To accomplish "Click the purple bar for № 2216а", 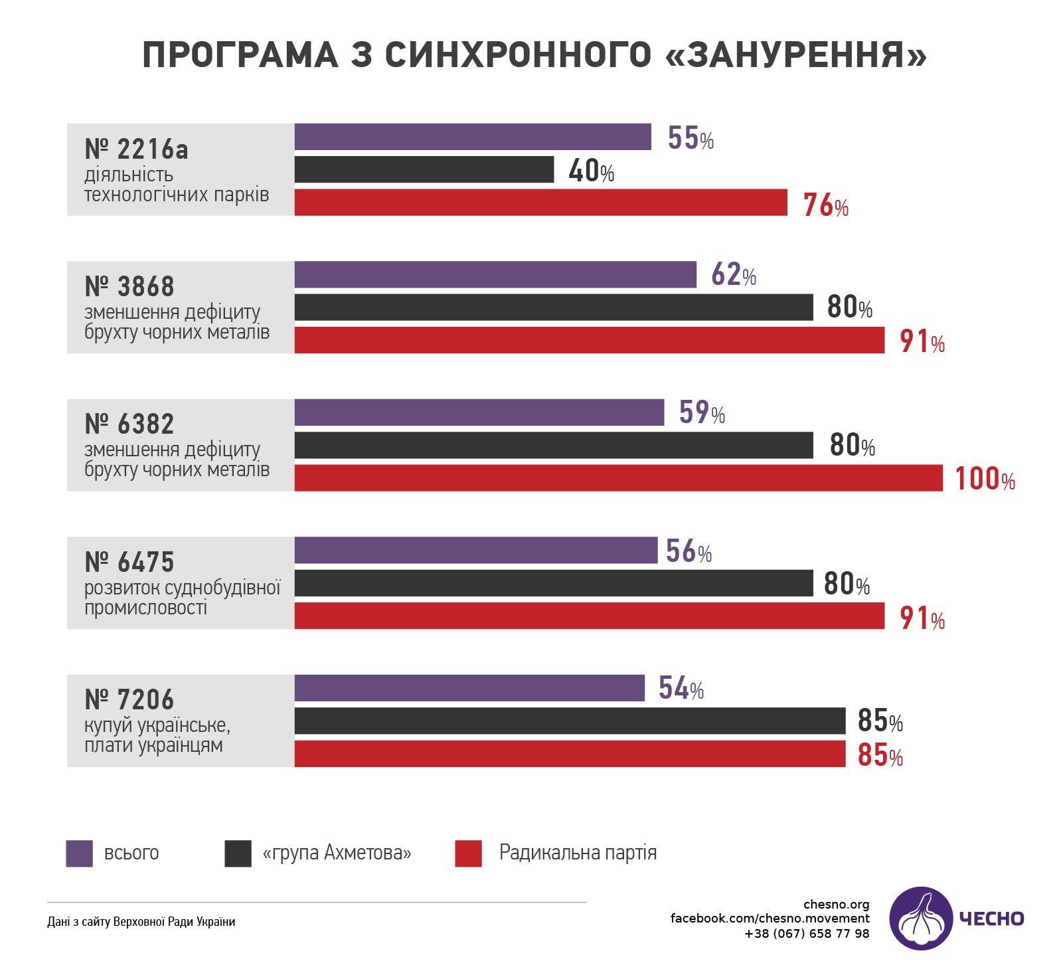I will pyautogui.click(x=473, y=137).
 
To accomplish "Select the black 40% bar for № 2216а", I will pyautogui.click(x=424, y=169).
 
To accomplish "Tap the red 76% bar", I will pyautogui.click(x=540, y=203).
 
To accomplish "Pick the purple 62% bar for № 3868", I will pyautogui.click(x=495, y=274).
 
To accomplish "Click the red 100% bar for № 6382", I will pyautogui.click(x=618, y=478).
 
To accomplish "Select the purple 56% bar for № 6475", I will pyautogui.click(x=476, y=550).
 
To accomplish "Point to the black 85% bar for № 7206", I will pyautogui.click(x=570, y=721).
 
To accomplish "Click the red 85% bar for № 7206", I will pyautogui.click(x=570, y=754).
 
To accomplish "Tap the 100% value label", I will pyautogui.click(x=985, y=479).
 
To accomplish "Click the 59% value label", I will pyautogui.click(x=702, y=412).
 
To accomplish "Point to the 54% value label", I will pyautogui.click(x=681, y=688).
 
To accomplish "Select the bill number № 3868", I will pyautogui.click(x=129, y=287).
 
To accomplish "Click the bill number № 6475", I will pyautogui.click(x=129, y=563).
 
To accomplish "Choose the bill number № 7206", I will pyautogui.click(x=129, y=700).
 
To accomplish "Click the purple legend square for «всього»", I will pyautogui.click(x=79, y=853).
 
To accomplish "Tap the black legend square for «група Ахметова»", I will pyautogui.click(x=238, y=853).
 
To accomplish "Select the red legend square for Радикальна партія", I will pyautogui.click(x=468, y=853).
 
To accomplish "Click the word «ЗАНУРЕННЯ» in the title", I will pyautogui.click(x=795, y=54).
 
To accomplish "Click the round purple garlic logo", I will pyautogui.click(x=921, y=918).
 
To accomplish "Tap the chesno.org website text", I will pyautogui.click(x=836, y=904).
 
